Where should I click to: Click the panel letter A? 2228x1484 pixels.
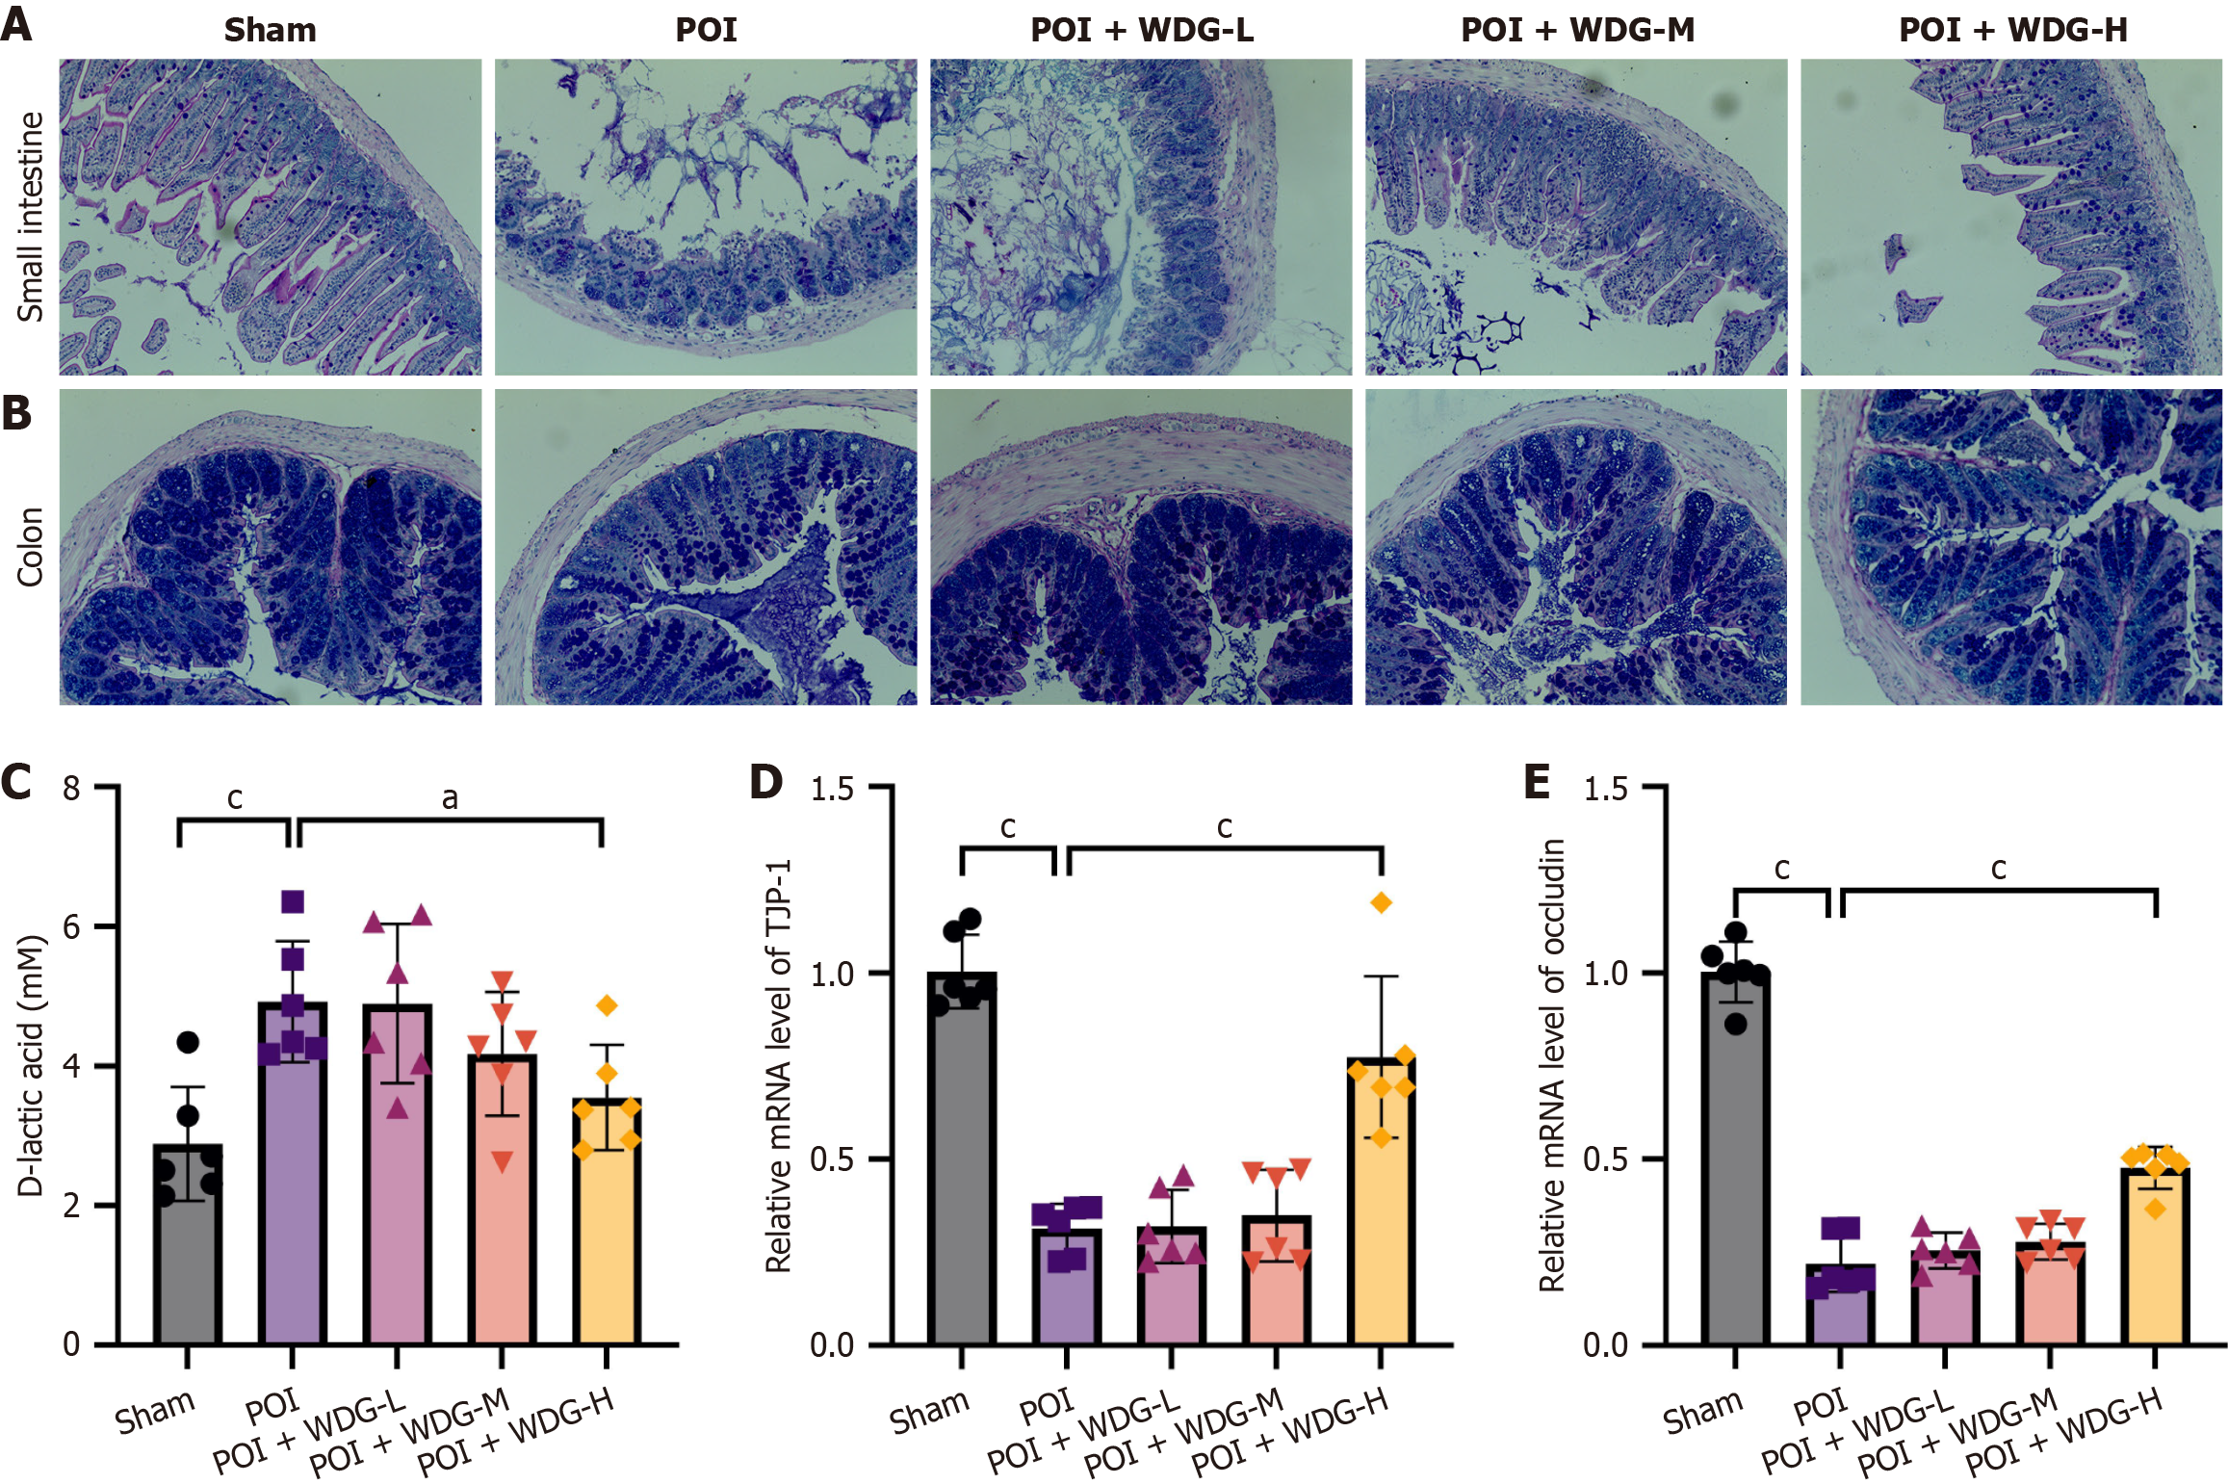[16, 23]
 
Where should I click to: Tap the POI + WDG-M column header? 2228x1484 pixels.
[1577, 30]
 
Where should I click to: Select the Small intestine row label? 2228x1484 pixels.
[30, 217]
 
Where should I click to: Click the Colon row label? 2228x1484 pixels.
[30, 546]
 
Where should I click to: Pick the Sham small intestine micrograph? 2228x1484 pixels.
[271, 217]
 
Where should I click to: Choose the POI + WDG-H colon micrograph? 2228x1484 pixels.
[2010, 547]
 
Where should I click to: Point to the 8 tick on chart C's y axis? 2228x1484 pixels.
[71, 789]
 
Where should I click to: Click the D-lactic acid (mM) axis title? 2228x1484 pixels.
[31, 1065]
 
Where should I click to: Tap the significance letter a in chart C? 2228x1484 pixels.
[450, 798]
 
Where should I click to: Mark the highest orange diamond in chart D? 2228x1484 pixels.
[1382, 902]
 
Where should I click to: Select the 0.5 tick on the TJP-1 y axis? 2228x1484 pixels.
[832, 1159]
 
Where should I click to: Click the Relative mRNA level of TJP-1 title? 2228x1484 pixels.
[778, 1065]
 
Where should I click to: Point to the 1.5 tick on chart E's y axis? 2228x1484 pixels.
[1605, 789]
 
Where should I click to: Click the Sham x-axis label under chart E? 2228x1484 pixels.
[1702, 1412]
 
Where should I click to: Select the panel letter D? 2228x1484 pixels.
[765, 781]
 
